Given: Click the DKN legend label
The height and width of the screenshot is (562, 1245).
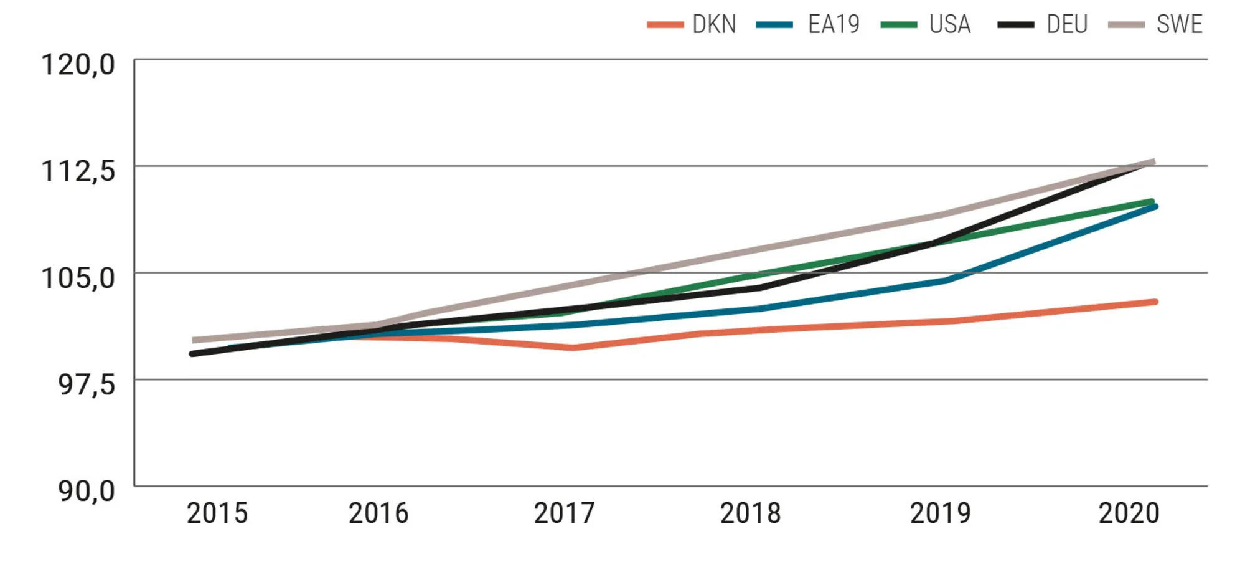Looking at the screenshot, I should click(x=714, y=24).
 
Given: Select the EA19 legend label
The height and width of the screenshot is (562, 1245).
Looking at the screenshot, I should click(x=834, y=24).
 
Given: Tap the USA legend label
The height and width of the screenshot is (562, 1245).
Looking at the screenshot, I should click(x=950, y=24).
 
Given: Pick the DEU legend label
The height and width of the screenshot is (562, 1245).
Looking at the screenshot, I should click(x=1067, y=24).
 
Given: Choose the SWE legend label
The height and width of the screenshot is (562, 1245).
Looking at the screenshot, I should click(x=1179, y=24).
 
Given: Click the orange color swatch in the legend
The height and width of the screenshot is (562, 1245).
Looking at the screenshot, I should click(x=665, y=25).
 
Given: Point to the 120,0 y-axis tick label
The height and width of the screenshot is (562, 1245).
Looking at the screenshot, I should click(x=78, y=65).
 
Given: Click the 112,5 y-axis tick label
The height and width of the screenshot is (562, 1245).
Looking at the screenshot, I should click(x=78, y=171).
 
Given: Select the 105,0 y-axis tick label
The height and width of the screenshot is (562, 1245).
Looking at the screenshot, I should click(x=78, y=278).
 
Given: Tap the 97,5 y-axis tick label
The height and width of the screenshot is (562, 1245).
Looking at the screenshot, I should click(x=87, y=384).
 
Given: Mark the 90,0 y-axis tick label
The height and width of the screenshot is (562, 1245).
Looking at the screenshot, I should click(x=87, y=492).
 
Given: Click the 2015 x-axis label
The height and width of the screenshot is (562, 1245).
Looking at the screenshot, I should click(x=217, y=513).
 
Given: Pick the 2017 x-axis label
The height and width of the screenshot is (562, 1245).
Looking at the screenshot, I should click(x=564, y=513).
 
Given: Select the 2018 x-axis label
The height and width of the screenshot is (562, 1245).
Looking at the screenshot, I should click(x=750, y=513).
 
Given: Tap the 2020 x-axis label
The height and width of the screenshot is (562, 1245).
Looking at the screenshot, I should click(x=1129, y=513).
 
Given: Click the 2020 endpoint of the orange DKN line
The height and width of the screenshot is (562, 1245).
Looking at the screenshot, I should click(x=1155, y=302).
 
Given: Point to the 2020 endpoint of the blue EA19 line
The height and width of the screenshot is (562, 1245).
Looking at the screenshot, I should click(x=1155, y=206).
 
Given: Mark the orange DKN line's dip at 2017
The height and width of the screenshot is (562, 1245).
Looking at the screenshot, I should click(x=571, y=348).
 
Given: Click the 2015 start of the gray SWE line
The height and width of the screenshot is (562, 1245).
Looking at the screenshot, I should click(x=194, y=340).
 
